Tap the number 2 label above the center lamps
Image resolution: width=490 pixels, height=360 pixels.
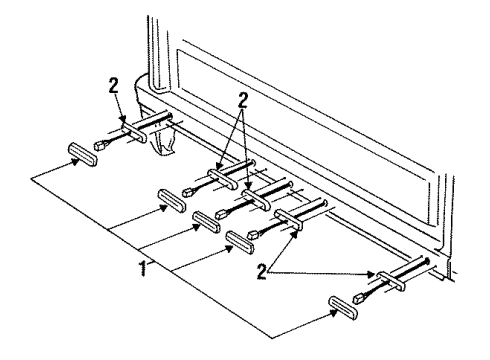pos(240,100)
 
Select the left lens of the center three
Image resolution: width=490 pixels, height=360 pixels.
pos(172,198)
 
